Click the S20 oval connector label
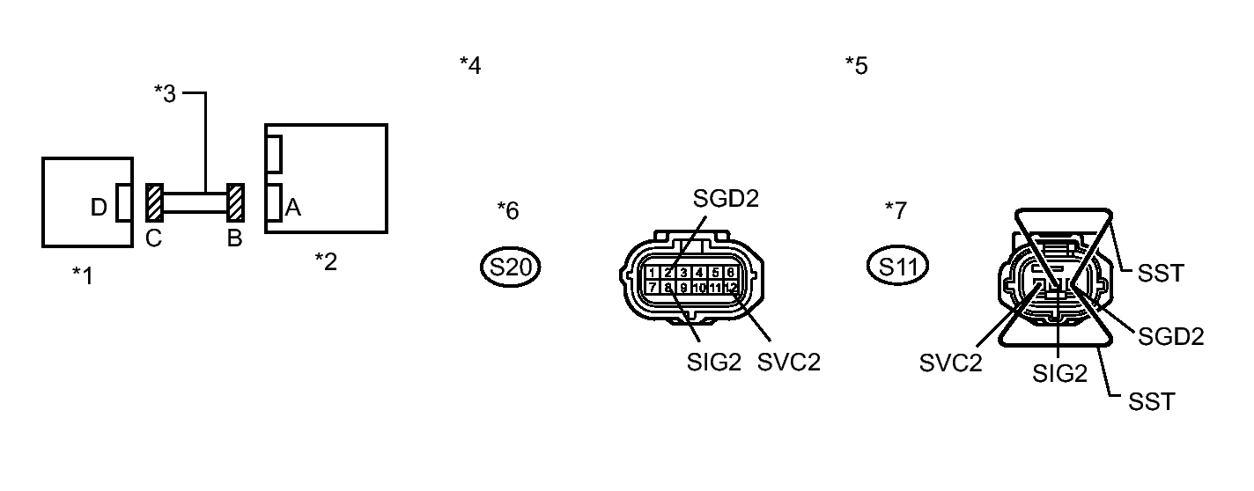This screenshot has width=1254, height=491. point(511,267)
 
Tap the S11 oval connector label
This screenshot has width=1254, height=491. point(898,267)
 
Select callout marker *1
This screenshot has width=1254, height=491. point(82,275)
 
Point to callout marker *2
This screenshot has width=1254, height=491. point(326,260)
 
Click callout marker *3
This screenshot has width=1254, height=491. point(165,93)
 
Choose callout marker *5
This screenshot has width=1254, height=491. point(856,65)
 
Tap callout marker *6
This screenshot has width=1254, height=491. point(508,210)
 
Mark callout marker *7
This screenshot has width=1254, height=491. point(896,210)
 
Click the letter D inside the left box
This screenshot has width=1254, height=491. point(99,208)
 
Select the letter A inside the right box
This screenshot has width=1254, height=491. point(293,208)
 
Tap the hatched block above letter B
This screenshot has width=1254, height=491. point(235,203)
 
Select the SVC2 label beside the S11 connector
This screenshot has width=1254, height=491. point(951,363)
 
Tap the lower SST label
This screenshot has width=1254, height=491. point(1151,402)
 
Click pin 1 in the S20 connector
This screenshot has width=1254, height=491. point(653,272)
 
